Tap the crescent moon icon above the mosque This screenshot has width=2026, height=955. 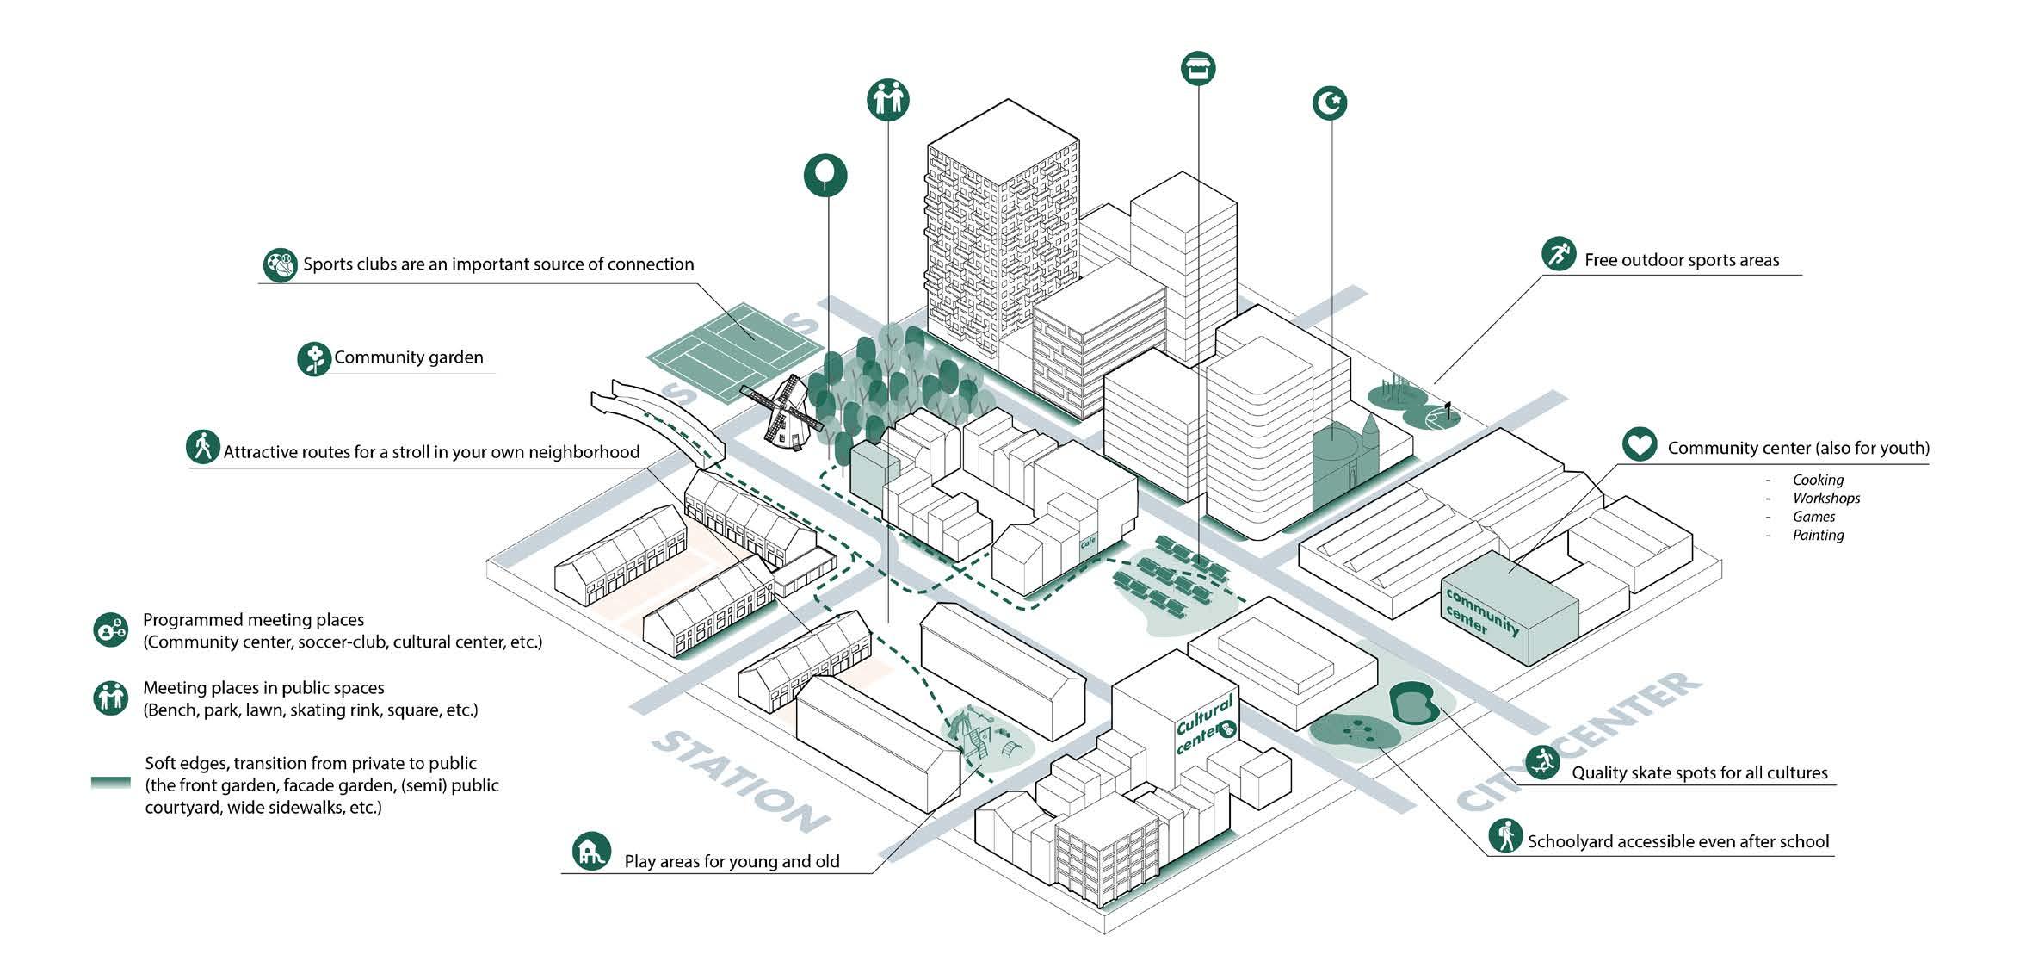[x=1330, y=103]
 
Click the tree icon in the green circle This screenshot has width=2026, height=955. [x=825, y=175]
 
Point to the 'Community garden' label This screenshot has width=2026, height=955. [x=408, y=357]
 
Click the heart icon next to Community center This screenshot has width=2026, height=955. [x=1639, y=444]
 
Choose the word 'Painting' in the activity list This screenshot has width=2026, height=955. [x=1818, y=535]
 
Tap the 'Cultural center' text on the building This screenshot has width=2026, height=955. [x=1205, y=724]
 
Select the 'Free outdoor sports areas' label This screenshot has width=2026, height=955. [x=1681, y=260]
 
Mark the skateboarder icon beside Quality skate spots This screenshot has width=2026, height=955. [x=1541, y=762]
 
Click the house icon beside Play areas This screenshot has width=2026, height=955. [x=591, y=851]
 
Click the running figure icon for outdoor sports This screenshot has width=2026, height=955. [x=1558, y=254]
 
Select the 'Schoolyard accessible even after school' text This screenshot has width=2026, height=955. [x=1677, y=841]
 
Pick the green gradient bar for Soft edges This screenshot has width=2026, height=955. [x=111, y=783]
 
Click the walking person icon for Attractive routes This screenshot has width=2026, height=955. [x=203, y=447]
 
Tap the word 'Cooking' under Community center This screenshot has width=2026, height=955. [x=1818, y=480]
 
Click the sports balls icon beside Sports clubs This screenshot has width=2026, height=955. [x=279, y=265]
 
